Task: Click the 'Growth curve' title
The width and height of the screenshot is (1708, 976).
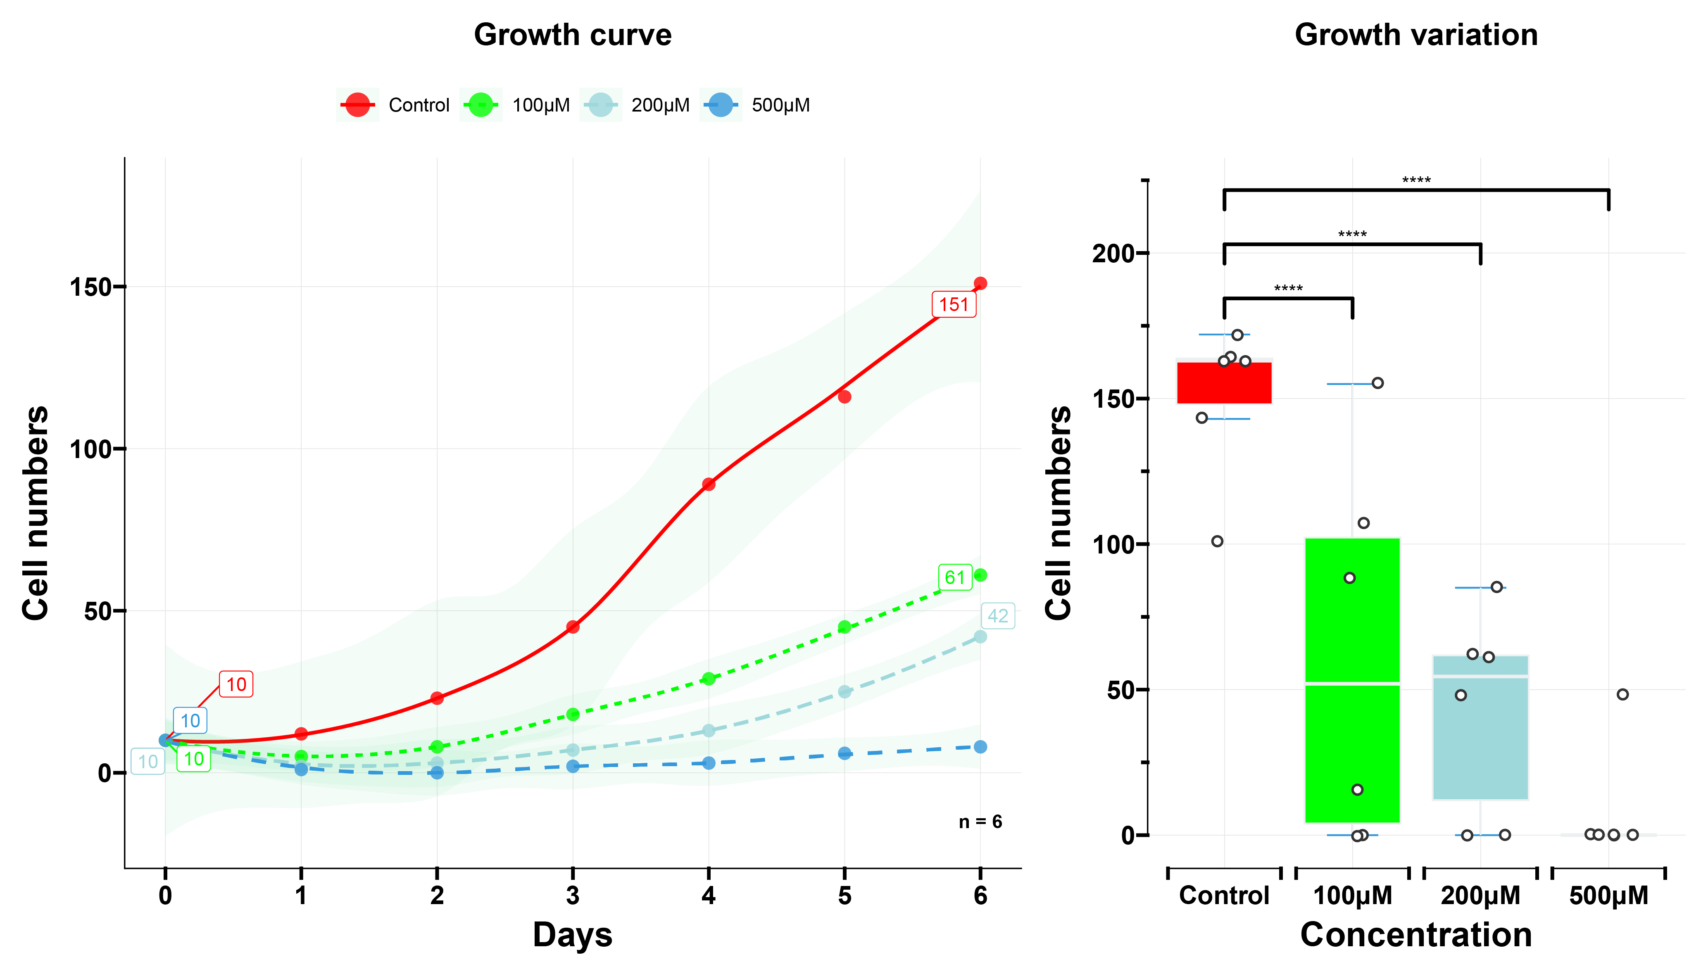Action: tap(573, 35)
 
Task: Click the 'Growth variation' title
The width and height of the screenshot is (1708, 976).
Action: tap(1416, 35)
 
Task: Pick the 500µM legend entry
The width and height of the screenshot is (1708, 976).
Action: tap(756, 105)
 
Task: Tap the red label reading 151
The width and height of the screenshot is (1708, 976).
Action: tap(953, 305)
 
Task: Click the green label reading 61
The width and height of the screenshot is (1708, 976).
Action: tap(954, 577)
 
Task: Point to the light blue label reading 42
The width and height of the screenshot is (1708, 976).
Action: tap(997, 616)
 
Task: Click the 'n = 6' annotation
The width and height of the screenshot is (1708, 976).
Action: tap(980, 822)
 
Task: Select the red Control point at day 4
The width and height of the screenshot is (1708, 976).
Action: tap(709, 484)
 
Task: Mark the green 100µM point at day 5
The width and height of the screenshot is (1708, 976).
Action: tap(844, 627)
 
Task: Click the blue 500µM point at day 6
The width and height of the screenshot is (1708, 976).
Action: tap(980, 747)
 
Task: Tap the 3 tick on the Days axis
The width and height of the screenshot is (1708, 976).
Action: tap(573, 895)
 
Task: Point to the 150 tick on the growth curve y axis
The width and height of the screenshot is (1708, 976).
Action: tap(90, 287)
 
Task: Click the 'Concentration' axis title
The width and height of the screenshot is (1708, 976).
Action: tap(1416, 934)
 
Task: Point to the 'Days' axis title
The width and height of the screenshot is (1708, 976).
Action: tap(573, 934)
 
